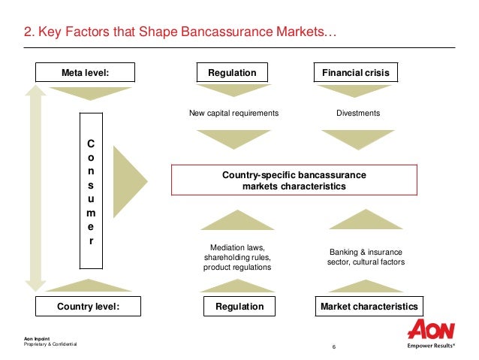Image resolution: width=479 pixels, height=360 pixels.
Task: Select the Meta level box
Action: pyautogui.click(x=85, y=73)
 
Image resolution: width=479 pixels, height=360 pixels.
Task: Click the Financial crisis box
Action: pyautogui.click(x=355, y=73)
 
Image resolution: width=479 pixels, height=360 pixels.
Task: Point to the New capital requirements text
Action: pyautogui.click(x=233, y=113)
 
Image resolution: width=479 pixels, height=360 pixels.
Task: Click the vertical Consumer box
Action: pyautogui.click(x=91, y=191)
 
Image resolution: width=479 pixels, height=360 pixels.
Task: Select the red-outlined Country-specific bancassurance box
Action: pyautogui.click(x=294, y=180)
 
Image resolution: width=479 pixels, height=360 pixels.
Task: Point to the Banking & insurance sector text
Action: pyautogui.click(x=366, y=256)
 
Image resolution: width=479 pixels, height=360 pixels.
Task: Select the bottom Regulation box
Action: pyautogui.click(x=239, y=307)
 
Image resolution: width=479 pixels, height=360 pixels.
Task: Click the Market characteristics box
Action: pyautogui.click(x=369, y=307)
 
